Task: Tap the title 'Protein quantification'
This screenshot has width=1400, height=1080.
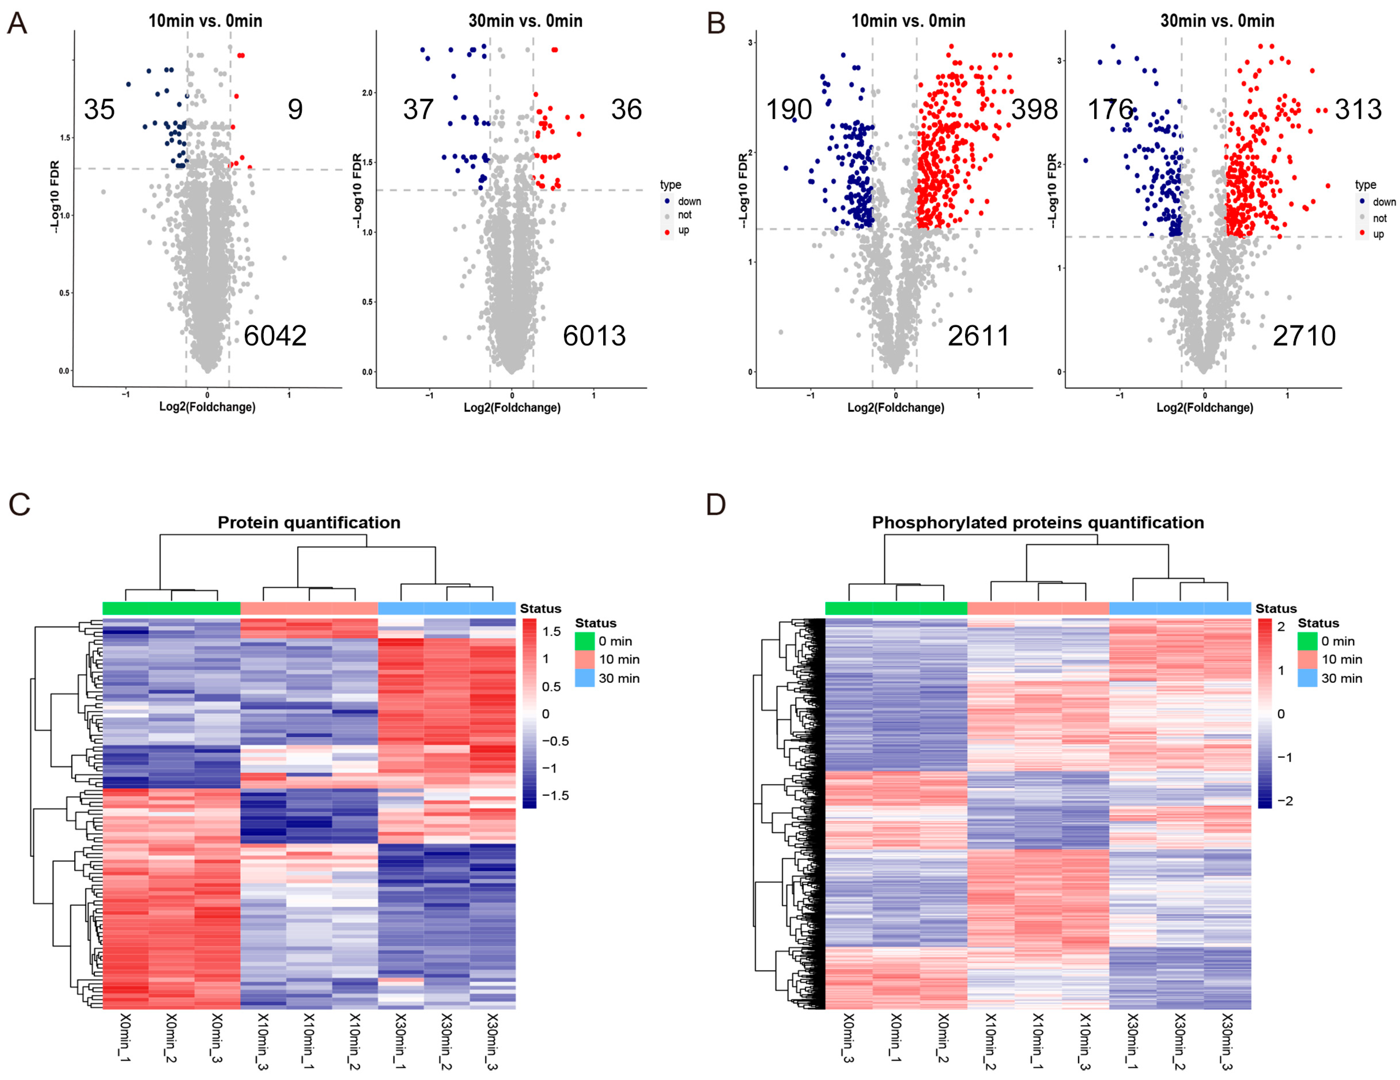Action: [x=309, y=523]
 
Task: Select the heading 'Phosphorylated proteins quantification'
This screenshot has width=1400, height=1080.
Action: [x=1038, y=523]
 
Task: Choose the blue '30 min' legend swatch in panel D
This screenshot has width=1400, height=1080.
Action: [x=1307, y=678]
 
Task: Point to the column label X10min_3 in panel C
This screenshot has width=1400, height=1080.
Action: [x=262, y=1042]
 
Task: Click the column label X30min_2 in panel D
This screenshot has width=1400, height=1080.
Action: [x=1179, y=1042]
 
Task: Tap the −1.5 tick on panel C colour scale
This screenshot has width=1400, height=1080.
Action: [x=555, y=795]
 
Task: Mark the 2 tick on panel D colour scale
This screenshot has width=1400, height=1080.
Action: [x=1281, y=627]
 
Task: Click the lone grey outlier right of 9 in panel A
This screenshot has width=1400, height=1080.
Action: [x=284, y=258]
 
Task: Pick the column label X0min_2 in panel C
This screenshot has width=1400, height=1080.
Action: [x=171, y=1038]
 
